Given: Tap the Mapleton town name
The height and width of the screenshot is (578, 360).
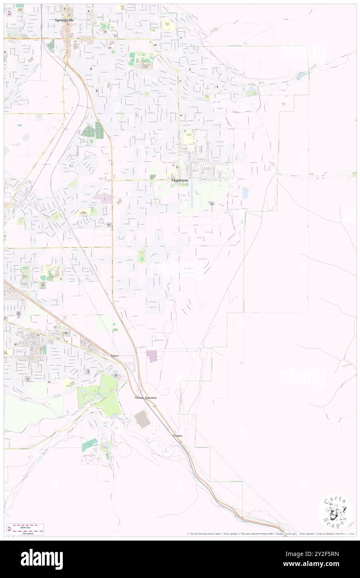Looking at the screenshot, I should pyautogui.click(x=180, y=180).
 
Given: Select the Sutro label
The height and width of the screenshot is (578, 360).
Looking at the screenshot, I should pyautogui.click(x=115, y=356).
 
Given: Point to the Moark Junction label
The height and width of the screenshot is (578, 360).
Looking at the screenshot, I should pyautogui.click(x=145, y=398).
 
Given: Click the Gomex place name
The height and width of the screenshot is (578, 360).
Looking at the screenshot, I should pyautogui.click(x=178, y=435).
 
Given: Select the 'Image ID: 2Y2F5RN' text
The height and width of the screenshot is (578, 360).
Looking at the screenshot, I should pyautogui.click(x=321, y=554).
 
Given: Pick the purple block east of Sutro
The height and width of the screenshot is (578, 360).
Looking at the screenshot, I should pyautogui.click(x=152, y=356).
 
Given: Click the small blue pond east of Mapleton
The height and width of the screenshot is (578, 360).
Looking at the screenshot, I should pyautogui.click(x=245, y=193).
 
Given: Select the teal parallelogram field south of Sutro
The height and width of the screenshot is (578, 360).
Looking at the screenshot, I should pyautogui.click(x=90, y=446).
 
